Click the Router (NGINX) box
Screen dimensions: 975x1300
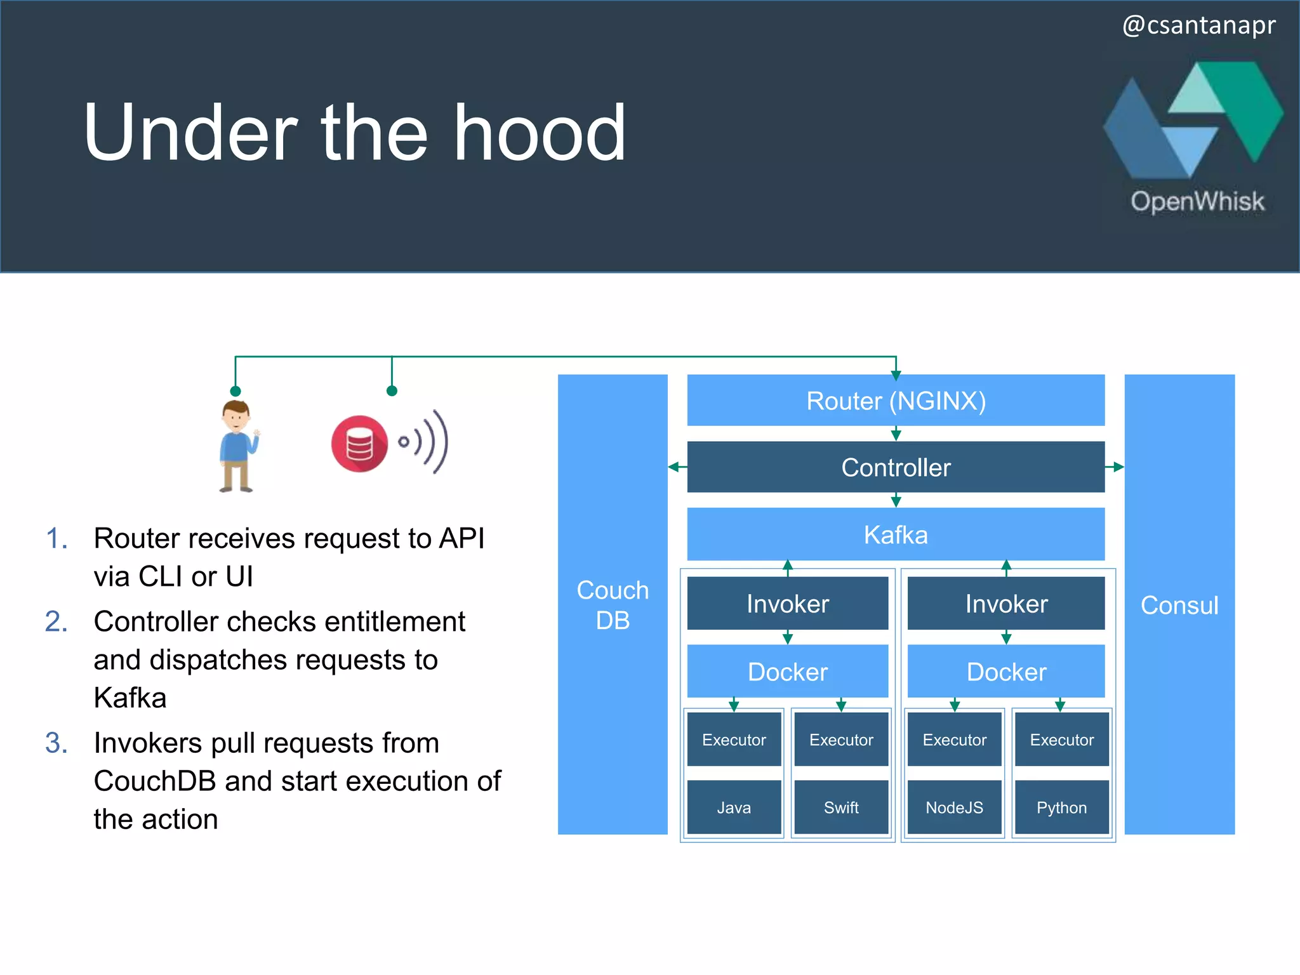pyautogui.click(x=895, y=401)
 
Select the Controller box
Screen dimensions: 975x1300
pyautogui.click(x=895, y=467)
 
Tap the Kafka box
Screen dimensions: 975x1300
pyautogui.click(x=895, y=534)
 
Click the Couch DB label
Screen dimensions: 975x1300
pyautogui.click(x=613, y=605)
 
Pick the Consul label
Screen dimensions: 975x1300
pyautogui.click(x=1179, y=605)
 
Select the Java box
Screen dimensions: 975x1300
pyautogui.click(x=734, y=807)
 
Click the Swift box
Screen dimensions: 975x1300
pyautogui.click(x=841, y=807)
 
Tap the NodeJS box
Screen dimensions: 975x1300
pyautogui.click(x=954, y=807)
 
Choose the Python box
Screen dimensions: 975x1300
pyautogui.click(x=1061, y=807)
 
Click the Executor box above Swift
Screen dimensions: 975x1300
pyautogui.click(x=841, y=740)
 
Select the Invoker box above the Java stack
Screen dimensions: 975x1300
pyautogui.click(x=787, y=604)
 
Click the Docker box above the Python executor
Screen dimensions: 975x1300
pyautogui.click(x=1006, y=672)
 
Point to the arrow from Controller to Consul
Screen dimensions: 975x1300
pyautogui.click(x=1115, y=467)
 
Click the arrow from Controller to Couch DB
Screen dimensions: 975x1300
pyautogui.click(x=677, y=467)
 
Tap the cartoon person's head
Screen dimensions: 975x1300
pyautogui.click(x=235, y=416)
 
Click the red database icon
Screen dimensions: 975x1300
pyautogui.click(x=359, y=444)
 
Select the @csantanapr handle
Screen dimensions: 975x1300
pyautogui.click(x=1198, y=25)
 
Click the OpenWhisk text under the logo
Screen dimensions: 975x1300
pyautogui.click(x=1197, y=201)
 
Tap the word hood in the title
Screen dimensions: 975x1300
pyautogui.click(x=540, y=133)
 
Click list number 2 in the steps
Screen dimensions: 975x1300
pyautogui.click(x=56, y=621)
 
